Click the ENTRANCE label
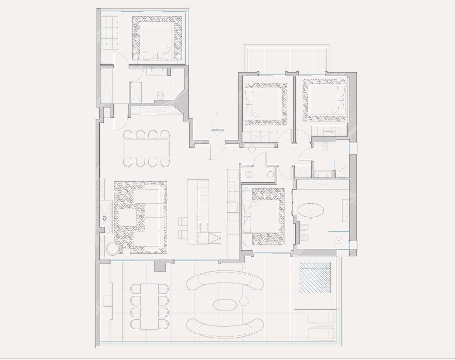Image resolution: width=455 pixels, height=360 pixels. coord(218,130)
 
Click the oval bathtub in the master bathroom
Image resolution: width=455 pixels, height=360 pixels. coord(311,210)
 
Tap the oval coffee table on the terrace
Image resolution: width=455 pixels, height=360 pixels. coord(225,305)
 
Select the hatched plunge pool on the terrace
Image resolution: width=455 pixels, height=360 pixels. coord(315,277)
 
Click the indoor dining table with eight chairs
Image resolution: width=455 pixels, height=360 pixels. coord(146,148)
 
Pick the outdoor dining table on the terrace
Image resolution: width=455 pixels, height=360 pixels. coord(149,307)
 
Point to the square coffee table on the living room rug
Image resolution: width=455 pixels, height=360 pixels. coord(128,218)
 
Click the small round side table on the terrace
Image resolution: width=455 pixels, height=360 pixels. coord(244,301)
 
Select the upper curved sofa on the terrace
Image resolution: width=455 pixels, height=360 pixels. coord(225,280)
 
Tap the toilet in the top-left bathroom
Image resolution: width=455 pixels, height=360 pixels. coord(161,95)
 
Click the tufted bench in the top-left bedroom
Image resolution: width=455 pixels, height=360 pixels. coord(109,33)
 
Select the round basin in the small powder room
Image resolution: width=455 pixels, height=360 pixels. coord(271,174)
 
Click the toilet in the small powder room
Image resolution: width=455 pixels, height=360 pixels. coord(249,174)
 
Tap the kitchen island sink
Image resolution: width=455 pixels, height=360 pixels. coord(203,196)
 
